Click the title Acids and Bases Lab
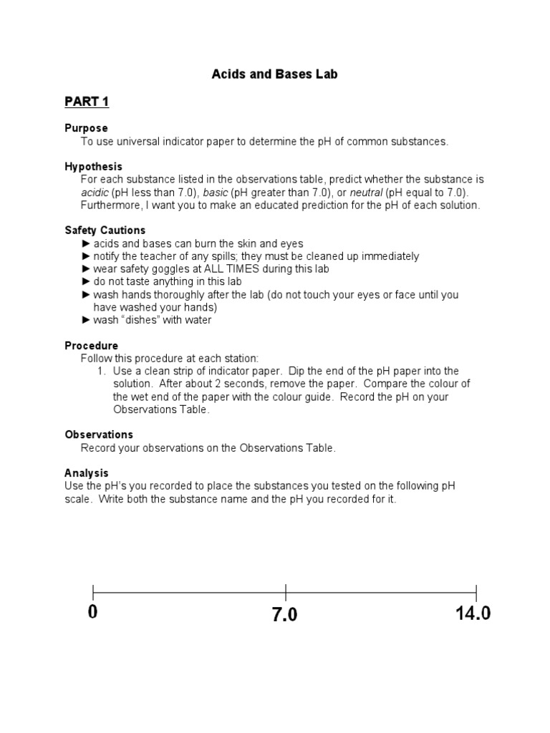pyautogui.click(x=275, y=74)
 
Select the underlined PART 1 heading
pyautogui.click(x=87, y=102)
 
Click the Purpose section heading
pyautogui.click(x=86, y=128)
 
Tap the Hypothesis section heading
pyautogui.click(x=93, y=167)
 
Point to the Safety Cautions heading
pyautogui.click(x=105, y=230)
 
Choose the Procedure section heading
pyautogui.click(x=91, y=346)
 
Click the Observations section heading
pyautogui.click(x=99, y=435)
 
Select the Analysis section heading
pyautogui.click(x=86, y=473)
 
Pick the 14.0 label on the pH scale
pyautogui.click(x=473, y=614)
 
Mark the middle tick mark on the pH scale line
pyautogui.click(x=286, y=593)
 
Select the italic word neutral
pyautogui.click(x=365, y=193)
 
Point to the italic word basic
pyautogui.click(x=216, y=193)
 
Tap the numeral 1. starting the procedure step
pyautogui.click(x=102, y=371)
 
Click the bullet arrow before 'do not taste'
pyautogui.click(x=86, y=282)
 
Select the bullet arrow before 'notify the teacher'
pyautogui.click(x=86, y=256)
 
